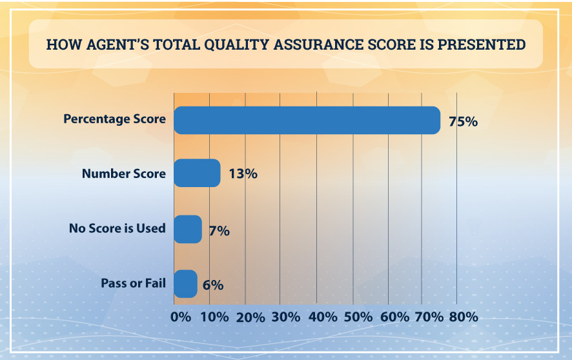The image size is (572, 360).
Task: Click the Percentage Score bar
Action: (307, 120)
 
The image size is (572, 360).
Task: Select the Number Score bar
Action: (198, 174)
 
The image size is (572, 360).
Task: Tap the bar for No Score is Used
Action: (188, 229)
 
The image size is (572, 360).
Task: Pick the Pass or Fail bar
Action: (186, 284)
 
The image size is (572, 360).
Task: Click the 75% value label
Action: (463, 121)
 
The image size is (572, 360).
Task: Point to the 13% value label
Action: (242, 174)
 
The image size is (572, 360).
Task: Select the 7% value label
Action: (219, 230)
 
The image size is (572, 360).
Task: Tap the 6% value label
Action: (212, 285)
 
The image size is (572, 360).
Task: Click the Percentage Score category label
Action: (114, 119)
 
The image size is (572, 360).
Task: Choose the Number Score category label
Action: (124, 174)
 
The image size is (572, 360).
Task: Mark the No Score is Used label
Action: (117, 228)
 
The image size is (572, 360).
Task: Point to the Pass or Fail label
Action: (133, 283)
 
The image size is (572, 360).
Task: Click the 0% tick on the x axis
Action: (180, 317)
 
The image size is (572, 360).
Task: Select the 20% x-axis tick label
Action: (250, 317)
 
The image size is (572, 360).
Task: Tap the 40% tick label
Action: (322, 317)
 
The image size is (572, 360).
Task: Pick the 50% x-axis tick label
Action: (358, 317)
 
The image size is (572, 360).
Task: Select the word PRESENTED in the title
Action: (485, 45)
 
